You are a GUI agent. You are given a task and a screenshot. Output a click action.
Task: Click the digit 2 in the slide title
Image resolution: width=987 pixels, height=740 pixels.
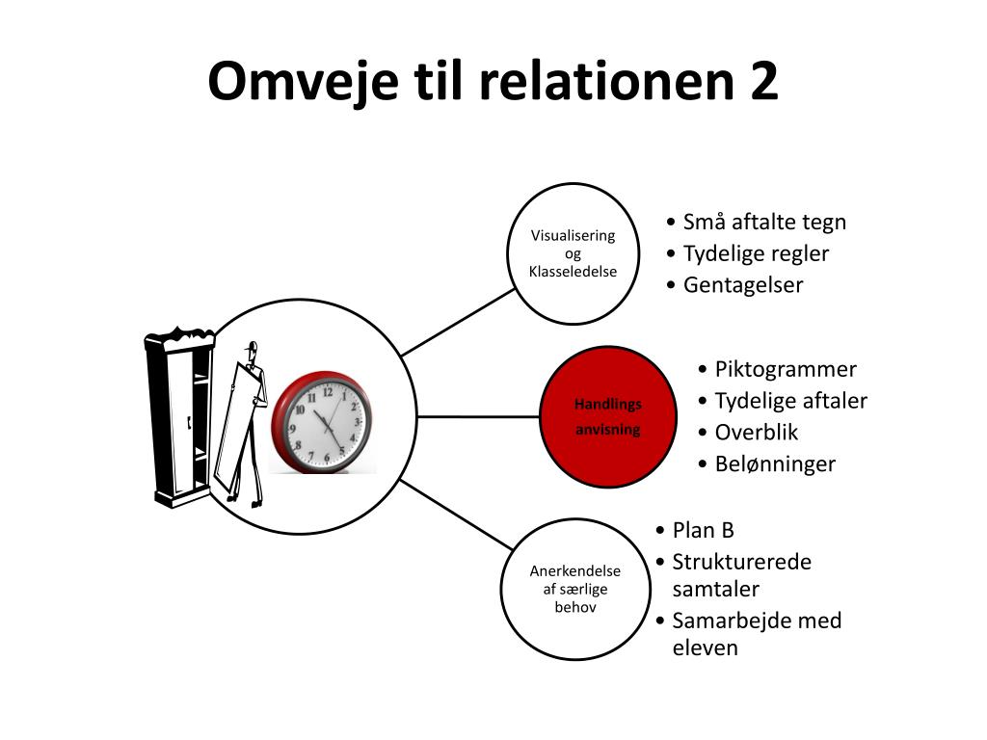(763, 80)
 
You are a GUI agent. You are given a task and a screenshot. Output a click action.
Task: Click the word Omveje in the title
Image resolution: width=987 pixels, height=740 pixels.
(303, 82)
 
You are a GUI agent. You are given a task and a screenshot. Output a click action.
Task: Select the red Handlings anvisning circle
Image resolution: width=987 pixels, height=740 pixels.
(608, 416)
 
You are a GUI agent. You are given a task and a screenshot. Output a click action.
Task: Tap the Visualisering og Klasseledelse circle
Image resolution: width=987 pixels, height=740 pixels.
(573, 253)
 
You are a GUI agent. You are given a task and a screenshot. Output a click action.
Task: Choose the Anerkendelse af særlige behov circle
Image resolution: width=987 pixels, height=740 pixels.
(575, 589)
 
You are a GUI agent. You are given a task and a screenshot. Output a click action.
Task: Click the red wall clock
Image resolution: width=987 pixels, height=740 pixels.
(322, 422)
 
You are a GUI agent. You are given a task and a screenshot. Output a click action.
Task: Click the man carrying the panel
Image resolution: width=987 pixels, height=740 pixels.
(242, 425)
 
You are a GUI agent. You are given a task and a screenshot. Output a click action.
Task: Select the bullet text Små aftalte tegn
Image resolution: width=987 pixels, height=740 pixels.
(764, 223)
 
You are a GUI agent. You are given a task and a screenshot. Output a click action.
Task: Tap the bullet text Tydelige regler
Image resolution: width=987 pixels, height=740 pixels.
(756, 253)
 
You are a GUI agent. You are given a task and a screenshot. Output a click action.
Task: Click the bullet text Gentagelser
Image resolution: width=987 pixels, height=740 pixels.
(743, 285)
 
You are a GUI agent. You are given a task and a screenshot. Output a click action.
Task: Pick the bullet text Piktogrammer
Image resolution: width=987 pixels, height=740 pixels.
(786, 369)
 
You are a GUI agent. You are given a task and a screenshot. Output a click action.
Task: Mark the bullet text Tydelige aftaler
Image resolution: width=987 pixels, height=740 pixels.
(791, 401)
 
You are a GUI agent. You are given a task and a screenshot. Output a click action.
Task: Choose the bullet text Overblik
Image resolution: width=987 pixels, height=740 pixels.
(756, 433)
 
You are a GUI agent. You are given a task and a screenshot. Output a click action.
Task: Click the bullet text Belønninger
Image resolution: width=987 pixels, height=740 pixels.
(775, 464)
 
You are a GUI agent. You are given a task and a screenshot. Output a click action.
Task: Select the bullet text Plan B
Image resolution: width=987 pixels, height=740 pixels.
(703, 531)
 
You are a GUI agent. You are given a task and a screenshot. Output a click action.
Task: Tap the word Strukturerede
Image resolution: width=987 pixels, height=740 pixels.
(741, 562)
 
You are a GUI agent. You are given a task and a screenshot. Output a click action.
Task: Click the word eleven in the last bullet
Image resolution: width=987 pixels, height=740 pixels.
(705, 648)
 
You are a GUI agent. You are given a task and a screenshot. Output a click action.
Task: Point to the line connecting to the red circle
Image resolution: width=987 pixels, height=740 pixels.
(478, 416)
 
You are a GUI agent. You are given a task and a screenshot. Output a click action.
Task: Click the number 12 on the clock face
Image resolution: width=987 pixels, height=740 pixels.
(328, 392)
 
